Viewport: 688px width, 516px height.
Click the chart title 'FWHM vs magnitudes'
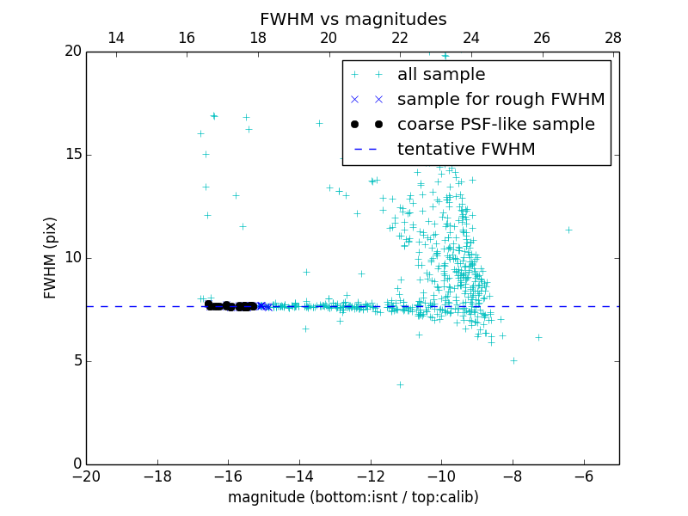353,19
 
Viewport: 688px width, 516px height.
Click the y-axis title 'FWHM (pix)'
51,258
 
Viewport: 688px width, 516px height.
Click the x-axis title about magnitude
353,497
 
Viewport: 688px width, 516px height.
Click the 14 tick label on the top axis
116,38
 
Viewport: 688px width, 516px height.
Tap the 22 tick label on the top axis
400,38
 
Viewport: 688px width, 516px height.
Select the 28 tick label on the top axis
613,38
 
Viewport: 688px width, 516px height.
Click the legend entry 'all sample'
441,75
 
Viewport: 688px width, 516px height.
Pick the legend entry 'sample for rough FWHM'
501,100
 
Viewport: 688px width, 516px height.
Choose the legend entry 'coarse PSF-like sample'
495,125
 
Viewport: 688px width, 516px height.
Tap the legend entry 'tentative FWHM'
466,150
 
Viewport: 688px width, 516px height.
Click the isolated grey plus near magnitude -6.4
568,230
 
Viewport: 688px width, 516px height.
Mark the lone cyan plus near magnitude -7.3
538,337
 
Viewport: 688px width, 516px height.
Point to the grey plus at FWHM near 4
400,384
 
